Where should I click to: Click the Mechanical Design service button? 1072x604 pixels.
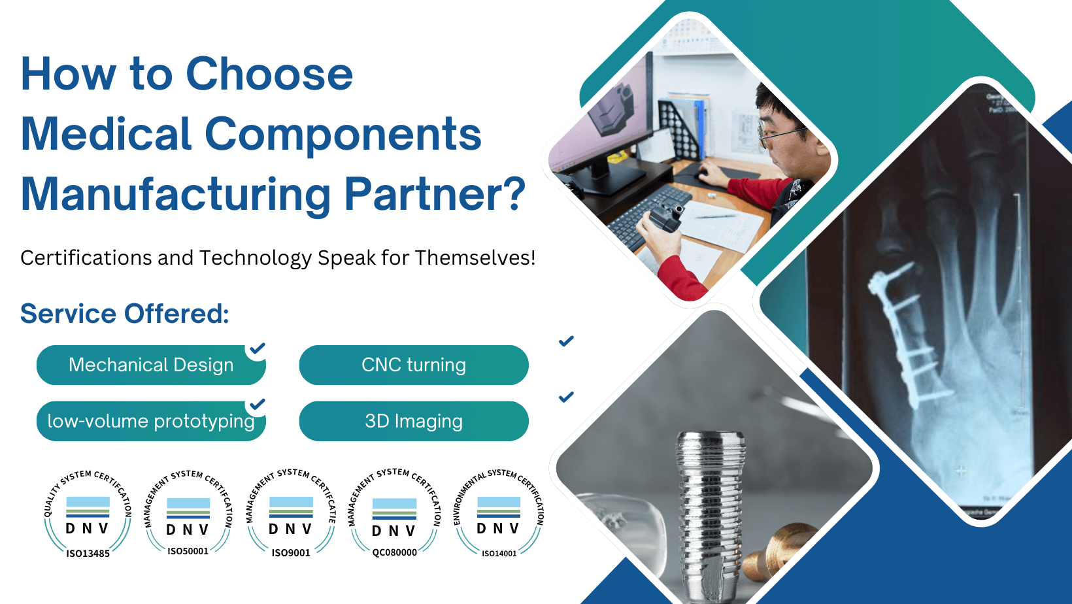[151, 365]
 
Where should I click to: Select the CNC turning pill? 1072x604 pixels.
[414, 365]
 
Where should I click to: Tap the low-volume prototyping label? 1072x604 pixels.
[151, 421]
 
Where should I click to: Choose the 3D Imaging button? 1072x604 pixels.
[414, 421]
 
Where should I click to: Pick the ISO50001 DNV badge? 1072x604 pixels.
[188, 514]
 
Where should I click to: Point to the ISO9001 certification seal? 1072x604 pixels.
[291, 514]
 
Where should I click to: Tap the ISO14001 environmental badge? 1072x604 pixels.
[499, 514]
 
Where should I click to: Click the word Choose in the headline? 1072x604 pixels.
[269, 74]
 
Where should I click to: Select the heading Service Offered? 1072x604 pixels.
[124, 314]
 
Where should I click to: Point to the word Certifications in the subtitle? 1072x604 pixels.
[86, 258]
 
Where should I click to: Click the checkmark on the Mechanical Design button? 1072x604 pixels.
[258, 348]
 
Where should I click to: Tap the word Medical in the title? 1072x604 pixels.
[107, 134]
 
